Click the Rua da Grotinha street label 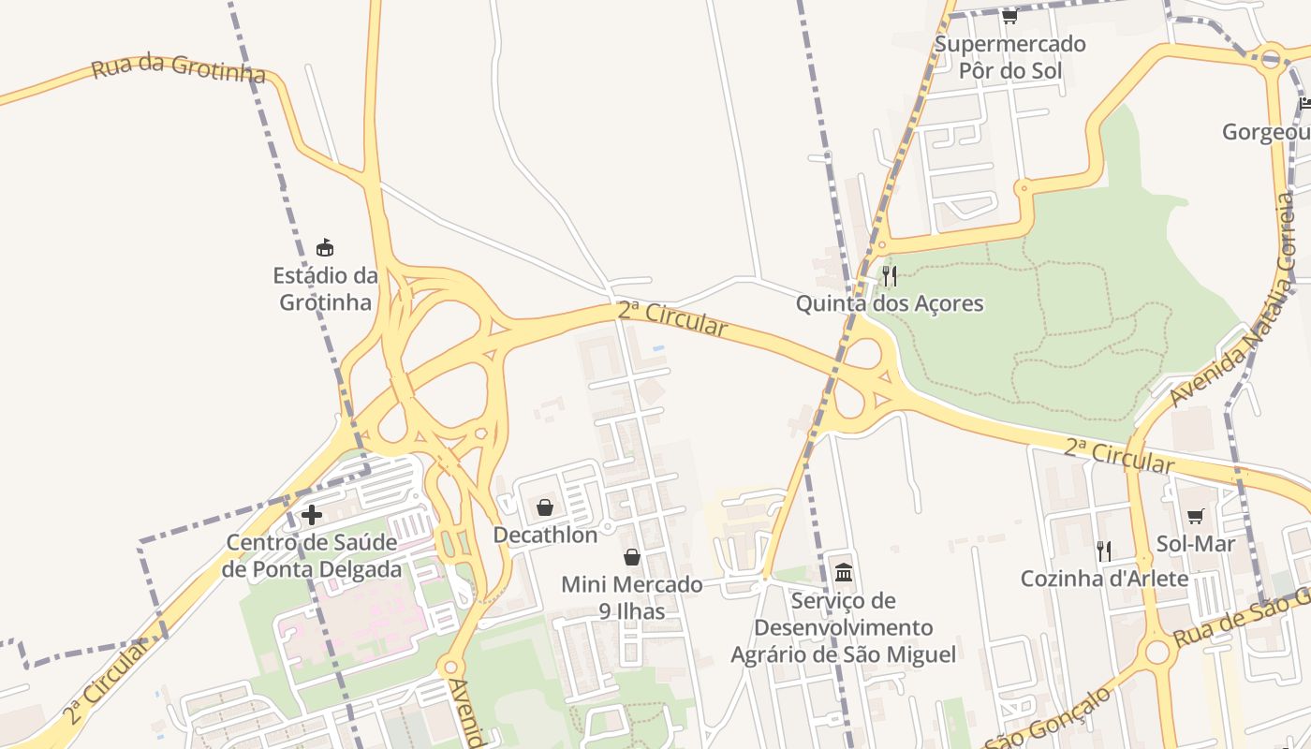(x=178, y=69)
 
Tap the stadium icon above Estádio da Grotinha (x=325, y=248)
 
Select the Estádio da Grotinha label (x=326, y=288)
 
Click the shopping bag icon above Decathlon (x=545, y=507)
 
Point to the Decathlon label (x=545, y=536)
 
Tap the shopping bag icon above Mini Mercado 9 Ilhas (x=632, y=557)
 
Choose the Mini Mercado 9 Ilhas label (x=632, y=597)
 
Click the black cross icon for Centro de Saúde (x=312, y=514)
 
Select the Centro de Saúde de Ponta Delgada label (x=313, y=555)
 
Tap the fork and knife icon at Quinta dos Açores (x=890, y=275)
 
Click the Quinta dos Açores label (x=890, y=303)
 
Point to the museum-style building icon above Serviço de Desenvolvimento (x=844, y=572)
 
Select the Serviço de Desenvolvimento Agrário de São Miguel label (x=844, y=627)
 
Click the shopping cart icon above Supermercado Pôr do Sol (x=1009, y=16)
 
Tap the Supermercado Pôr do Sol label (x=1009, y=56)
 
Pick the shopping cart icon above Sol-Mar (x=1196, y=516)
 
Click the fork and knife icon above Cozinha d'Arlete (x=1104, y=551)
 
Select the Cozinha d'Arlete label (x=1104, y=579)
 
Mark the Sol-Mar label (x=1196, y=544)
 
